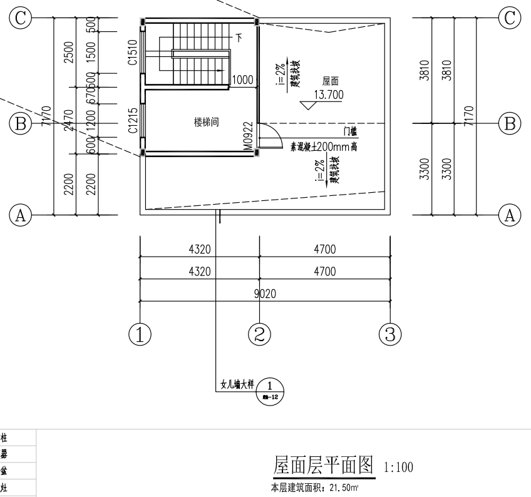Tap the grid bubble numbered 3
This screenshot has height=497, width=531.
390,335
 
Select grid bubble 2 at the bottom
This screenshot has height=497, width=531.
259,335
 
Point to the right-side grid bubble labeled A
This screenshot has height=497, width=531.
509,215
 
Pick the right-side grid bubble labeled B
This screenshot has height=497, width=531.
509,123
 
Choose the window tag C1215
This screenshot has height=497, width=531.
133,121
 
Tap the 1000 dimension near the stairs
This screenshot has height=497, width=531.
242,80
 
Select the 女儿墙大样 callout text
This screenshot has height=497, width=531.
239,384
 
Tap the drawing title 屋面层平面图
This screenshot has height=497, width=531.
323,465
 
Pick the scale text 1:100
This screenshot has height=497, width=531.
398,468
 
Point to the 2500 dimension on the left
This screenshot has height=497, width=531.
69,53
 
